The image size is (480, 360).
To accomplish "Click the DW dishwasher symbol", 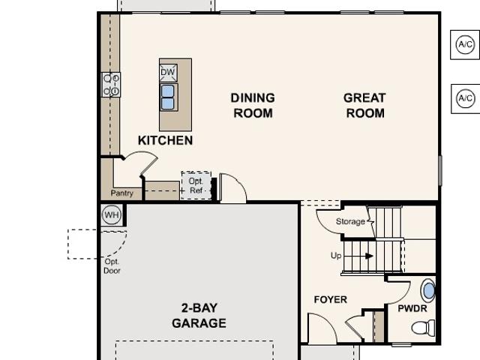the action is tap(168, 73).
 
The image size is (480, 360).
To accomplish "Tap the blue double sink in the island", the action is tap(168, 97).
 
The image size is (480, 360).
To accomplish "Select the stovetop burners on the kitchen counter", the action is tap(111, 85).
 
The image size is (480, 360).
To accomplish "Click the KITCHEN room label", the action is tap(165, 140).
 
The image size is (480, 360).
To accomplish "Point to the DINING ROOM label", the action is tap(253, 106).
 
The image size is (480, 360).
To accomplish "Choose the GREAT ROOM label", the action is tap(364, 106).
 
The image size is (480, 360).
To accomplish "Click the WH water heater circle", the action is tap(112, 215).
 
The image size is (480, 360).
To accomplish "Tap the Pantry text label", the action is tap(121, 193).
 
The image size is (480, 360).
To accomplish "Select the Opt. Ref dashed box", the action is tap(196, 185).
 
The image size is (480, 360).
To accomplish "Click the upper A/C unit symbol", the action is tap(465, 45).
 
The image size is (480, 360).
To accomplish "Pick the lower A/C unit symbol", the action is tap(466, 98).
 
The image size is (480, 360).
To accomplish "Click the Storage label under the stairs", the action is tap(350, 221).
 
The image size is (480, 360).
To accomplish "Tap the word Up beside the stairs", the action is tap(336, 256).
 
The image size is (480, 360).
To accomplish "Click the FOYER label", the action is tap(331, 299).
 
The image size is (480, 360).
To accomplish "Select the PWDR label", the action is tap(412, 308).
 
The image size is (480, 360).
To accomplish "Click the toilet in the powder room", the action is tap(423, 328).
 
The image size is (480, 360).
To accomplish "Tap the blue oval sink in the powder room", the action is tap(429, 291).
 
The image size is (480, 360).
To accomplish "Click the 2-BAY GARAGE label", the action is tap(199, 316).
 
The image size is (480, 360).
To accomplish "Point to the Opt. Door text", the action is tap(112, 266).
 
